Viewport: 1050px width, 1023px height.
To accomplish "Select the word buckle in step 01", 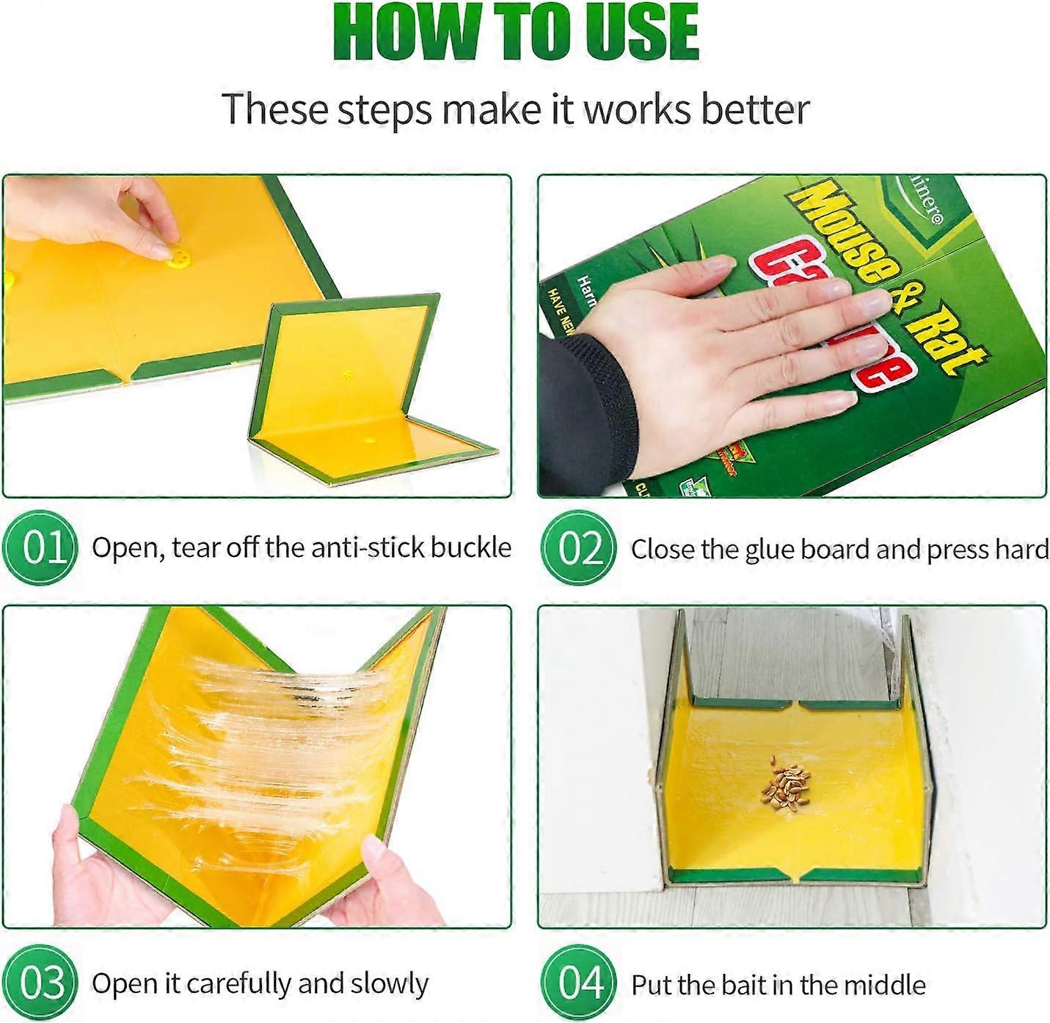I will pyautogui.click(x=470, y=547).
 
